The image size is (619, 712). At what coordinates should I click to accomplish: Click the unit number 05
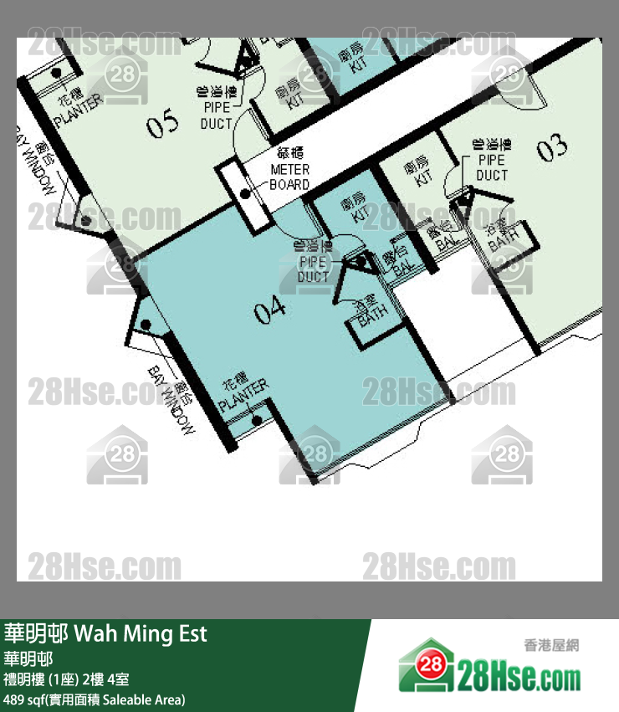coord(163,125)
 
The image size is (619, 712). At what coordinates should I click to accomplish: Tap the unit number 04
coord(270,311)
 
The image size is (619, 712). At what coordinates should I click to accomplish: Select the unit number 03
coord(552,149)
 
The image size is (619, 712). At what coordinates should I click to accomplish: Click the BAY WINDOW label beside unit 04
coord(175,401)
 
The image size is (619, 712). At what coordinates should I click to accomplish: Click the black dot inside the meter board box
coord(245,194)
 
